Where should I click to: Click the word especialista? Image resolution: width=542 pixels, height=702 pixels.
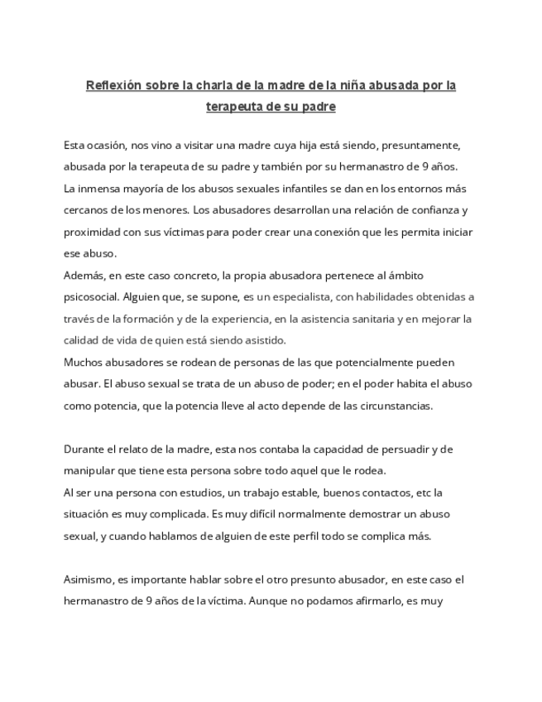[x=285, y=296]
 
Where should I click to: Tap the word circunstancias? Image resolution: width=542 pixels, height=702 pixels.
[x=388, y=406]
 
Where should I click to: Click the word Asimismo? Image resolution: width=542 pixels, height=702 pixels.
[x=87, y=580]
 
